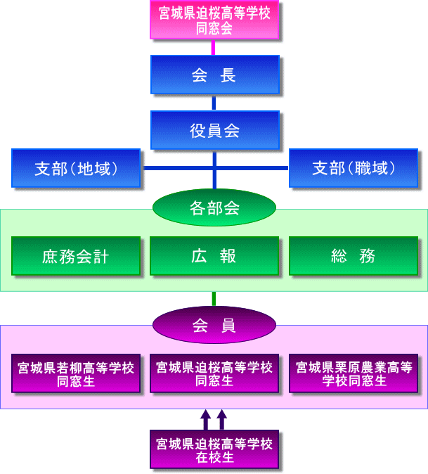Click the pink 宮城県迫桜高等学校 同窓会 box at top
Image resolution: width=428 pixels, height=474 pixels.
click(x=214, y=20)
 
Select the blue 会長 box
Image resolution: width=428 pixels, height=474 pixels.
click(x=214, y=75)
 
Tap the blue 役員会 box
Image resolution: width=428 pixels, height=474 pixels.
click(x=214, y=130)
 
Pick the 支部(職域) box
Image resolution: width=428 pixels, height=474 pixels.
click(x=354, y=168)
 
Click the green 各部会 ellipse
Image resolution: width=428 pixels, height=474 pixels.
click(x=214, y=207)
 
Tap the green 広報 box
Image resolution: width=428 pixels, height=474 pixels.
click(x=214, y=256)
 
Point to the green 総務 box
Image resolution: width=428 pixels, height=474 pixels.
click(x=354, y=256)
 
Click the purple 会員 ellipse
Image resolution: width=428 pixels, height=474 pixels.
click(x=214, y=325)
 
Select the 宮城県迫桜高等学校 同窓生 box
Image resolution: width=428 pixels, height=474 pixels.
click(x=214, y=373)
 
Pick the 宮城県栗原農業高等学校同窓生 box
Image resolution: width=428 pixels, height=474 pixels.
click(x=354, y=373)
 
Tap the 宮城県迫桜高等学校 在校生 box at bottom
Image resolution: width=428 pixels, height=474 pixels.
click(x=214, y=449)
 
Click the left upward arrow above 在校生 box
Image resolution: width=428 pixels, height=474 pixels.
click(x=205, y=420)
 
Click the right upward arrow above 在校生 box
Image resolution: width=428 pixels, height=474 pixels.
click(x=222, y=420)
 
